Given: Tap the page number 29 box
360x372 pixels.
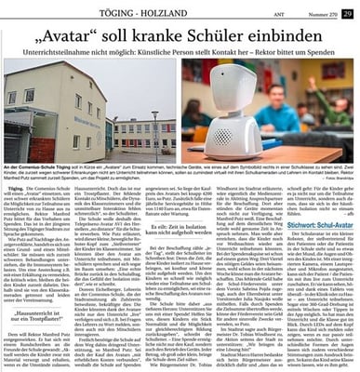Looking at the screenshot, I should coord(347,12).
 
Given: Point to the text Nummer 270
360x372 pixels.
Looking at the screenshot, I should coord(321,13).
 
